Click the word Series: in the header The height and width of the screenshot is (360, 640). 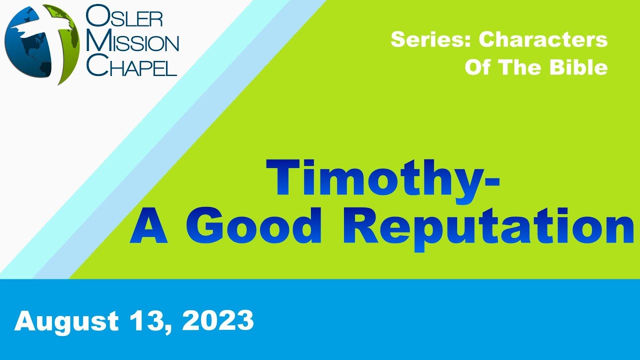coord(430,40)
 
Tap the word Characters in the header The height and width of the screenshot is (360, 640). coord(543,40)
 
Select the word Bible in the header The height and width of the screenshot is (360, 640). coord(578,67)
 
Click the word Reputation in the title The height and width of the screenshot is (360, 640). coord(488,227)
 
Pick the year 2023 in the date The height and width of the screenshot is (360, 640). coord(217,320)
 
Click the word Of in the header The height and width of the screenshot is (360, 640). coord(477,67)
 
